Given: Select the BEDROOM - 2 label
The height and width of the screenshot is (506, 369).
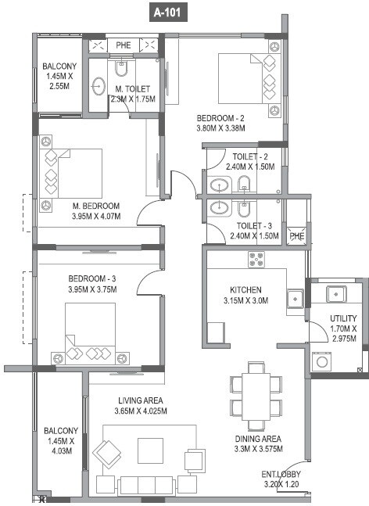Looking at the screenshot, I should pyautogui.click(x=221, y=118).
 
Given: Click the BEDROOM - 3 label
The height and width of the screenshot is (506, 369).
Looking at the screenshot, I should pyautogui.click(x=91, y=278).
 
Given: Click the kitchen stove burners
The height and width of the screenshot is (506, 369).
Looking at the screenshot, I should pyautogui.click(x=257, y=259).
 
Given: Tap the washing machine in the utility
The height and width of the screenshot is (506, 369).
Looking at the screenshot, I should pyautogui.click(x=323, y=361).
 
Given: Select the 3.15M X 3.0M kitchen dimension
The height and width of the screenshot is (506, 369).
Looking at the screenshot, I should pyautogui.click(x=247, y=300).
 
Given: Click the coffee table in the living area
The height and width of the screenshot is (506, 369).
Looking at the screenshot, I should pyautogui.click(x=151, y=450).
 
